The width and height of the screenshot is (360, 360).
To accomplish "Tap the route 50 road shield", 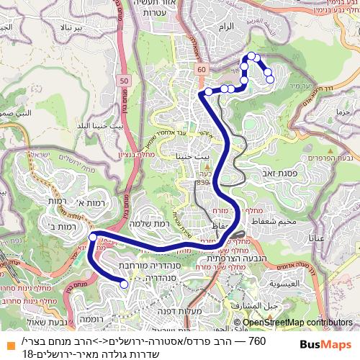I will pyautogui.click(x=124, y=81).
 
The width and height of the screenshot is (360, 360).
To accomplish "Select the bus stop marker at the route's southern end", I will pyautogui.click(x=124, y=284).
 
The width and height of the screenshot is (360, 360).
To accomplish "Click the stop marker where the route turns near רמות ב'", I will pyautogui.click(x=93, y=237).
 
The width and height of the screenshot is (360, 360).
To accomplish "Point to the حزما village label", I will pyautogui.click(x=341, y=112).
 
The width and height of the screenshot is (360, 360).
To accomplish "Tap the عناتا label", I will pyautogui.click(x=318, y=237).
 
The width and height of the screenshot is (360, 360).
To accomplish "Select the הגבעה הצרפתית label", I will pyautogui.click(x=227, y=258).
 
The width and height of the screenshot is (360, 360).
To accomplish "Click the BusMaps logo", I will pyautogui.click(x=320, y=344).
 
